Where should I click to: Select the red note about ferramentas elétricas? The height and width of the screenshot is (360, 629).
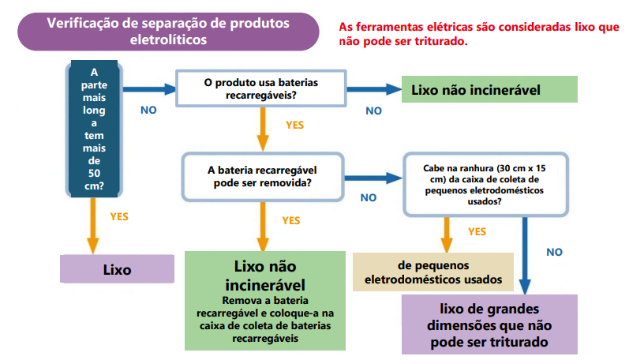(478, 34)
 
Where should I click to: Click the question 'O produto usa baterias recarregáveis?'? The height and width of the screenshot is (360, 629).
(260, 88)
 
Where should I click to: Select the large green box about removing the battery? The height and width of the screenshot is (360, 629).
(265, 300)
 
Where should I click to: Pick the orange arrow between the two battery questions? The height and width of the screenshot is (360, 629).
(260, 129)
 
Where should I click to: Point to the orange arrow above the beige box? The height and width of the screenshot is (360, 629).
(447, 234)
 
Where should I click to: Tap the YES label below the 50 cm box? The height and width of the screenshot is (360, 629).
(119, 216)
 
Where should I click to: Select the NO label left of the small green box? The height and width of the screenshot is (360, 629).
(373, 111)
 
